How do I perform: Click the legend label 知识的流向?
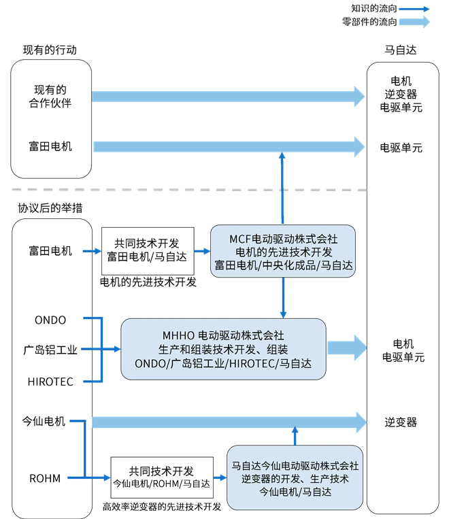373,8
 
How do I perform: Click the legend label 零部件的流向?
369,22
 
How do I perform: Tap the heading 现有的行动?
50,50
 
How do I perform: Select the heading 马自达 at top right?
401,50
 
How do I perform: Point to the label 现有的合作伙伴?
50,97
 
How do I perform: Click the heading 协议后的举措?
50,208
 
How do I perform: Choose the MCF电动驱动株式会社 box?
283,251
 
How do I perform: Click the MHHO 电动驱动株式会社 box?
224,349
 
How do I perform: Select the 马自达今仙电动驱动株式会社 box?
295,478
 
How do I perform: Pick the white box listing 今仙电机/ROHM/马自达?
162,478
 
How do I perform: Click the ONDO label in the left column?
50,320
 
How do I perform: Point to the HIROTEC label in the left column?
50,382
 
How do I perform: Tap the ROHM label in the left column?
45,478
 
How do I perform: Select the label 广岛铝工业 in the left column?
50,350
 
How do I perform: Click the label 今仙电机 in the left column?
44,421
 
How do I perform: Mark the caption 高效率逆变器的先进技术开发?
162,507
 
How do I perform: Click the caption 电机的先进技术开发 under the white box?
148,282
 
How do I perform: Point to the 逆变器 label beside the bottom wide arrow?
401,422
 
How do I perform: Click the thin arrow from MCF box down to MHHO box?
283,298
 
